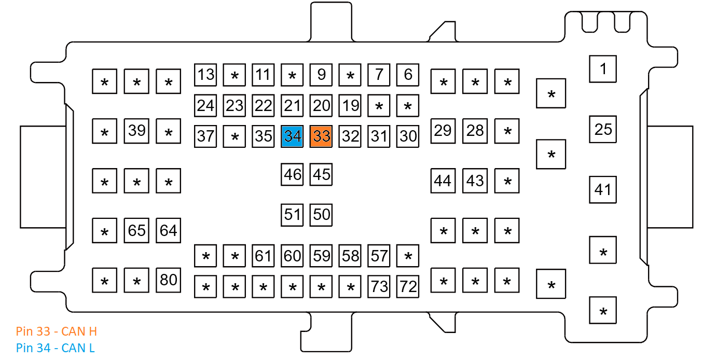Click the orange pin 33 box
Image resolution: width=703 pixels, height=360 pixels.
[321, 136]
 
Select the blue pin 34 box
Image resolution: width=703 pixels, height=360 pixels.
[292, 136]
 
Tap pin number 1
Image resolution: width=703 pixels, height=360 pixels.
[603, 68]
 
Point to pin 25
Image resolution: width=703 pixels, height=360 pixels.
[603, 129]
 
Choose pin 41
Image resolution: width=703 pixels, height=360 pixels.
[603, 189]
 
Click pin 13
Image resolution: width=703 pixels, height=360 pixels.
[205, 75]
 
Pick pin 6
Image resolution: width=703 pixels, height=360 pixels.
[408, 75]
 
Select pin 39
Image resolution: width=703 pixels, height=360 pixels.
[136, 131]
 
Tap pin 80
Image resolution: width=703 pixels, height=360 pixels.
[168, 280]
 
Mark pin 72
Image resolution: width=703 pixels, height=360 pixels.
[408, 286]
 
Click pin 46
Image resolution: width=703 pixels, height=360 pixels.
[292, 174]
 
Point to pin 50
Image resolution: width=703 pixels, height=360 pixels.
[321, 214]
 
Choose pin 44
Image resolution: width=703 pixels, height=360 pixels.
[443, 181]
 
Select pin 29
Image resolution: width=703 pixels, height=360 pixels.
[443, 131]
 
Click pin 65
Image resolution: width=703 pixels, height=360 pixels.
[136, 230]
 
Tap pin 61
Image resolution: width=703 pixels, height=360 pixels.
[263, 256]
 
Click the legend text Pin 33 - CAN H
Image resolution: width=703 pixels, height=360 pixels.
[57, 331]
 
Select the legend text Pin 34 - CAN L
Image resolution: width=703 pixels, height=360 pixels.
[56, 348]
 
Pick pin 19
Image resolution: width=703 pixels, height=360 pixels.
[350, 106]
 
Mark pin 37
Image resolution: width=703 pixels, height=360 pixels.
[205, 136]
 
